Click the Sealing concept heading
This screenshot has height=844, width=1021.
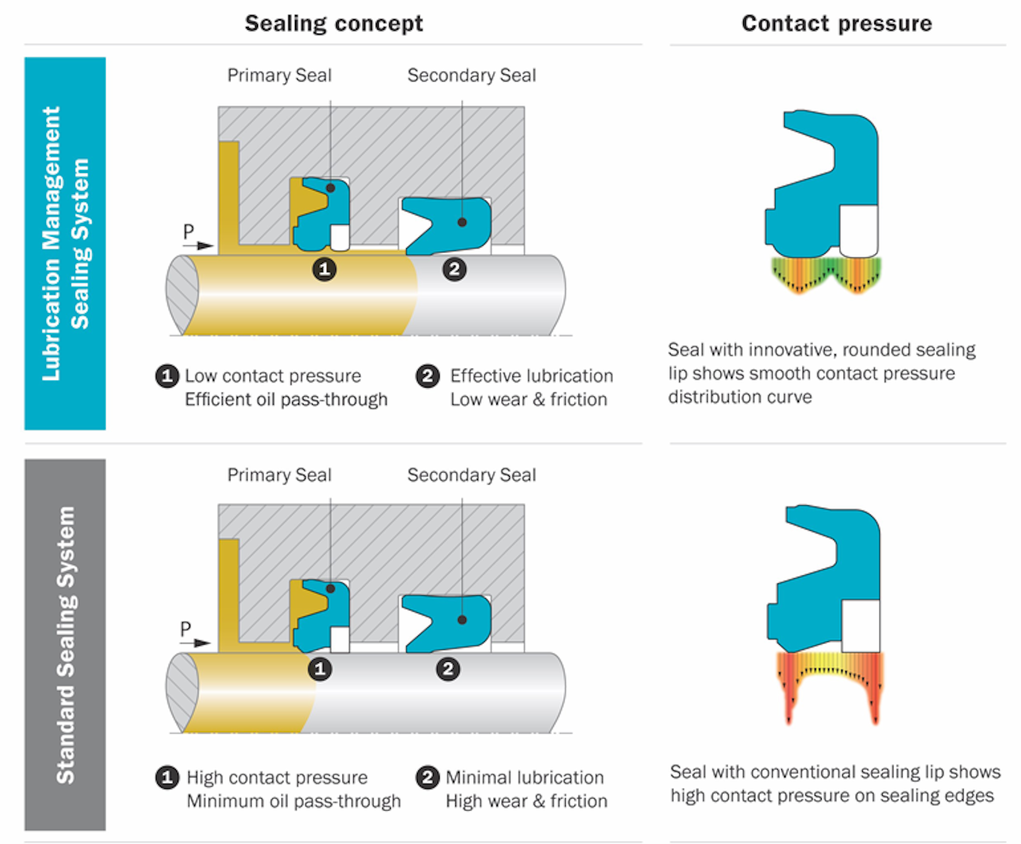point(333,23)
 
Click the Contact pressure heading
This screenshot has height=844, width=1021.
point(837,23)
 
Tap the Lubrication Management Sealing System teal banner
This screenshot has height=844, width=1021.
point(65,243)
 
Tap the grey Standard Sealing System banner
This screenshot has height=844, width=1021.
point(65,644)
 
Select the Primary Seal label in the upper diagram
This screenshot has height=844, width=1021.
point(279,75)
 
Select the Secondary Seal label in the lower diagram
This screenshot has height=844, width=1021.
point(471,475)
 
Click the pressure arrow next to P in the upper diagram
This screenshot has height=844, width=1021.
point(204,245)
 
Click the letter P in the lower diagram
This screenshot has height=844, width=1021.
point(186,629)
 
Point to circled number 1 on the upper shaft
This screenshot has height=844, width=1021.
point(325,269)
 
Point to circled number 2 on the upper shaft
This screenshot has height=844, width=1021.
point(454,269)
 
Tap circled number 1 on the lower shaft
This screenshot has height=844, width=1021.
point(320,669)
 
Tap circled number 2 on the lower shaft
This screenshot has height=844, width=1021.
point(447,669)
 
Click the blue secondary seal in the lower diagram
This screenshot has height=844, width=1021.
point(454,622)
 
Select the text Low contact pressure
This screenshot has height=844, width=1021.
point(273,376)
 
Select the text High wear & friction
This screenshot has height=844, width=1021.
point(526,801)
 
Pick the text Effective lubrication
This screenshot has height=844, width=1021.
point(531,376)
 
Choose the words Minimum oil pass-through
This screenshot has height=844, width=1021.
point(294,801)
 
